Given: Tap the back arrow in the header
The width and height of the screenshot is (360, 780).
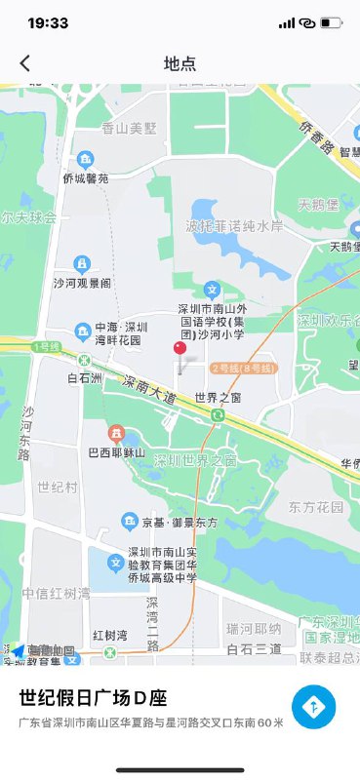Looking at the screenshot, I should click(25, 63).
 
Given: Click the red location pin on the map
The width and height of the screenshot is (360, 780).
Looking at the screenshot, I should click(180, 350).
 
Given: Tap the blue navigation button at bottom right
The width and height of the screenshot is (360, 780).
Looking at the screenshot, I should click(313, 708).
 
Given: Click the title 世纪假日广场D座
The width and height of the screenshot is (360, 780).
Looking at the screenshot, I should click(94, 698).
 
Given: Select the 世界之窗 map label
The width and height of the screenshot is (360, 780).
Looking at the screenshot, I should click(218, 398).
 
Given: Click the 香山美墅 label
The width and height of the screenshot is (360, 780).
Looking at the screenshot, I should click(130, 128).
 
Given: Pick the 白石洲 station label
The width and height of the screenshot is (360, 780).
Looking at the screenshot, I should click(85, 377).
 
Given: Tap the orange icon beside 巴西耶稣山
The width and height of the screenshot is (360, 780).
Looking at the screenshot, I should click(116, 432).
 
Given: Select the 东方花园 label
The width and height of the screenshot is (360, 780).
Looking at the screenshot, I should click(316, 507).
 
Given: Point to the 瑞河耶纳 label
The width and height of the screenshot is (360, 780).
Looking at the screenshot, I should click(254, 627).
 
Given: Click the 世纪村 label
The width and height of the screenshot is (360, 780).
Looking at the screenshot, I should click(57, 486).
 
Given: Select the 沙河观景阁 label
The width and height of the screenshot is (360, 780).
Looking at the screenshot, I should click(82, 283).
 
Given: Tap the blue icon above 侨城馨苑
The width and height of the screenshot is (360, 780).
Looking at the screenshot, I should click(86, 159).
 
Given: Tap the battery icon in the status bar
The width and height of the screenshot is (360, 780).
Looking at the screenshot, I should click(332, 22).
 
